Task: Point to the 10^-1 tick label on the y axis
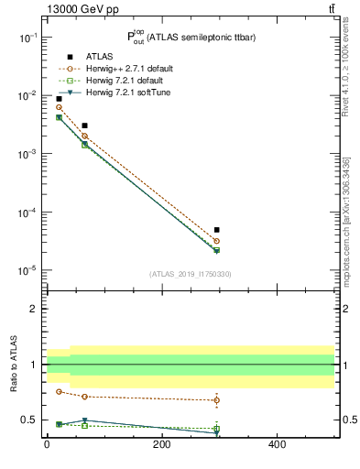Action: [28, 38]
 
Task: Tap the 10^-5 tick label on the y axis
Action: [28, 271]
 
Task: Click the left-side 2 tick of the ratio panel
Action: [34, 309]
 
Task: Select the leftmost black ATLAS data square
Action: [59, 98]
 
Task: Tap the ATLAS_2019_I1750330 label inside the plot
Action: [190, 274]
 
